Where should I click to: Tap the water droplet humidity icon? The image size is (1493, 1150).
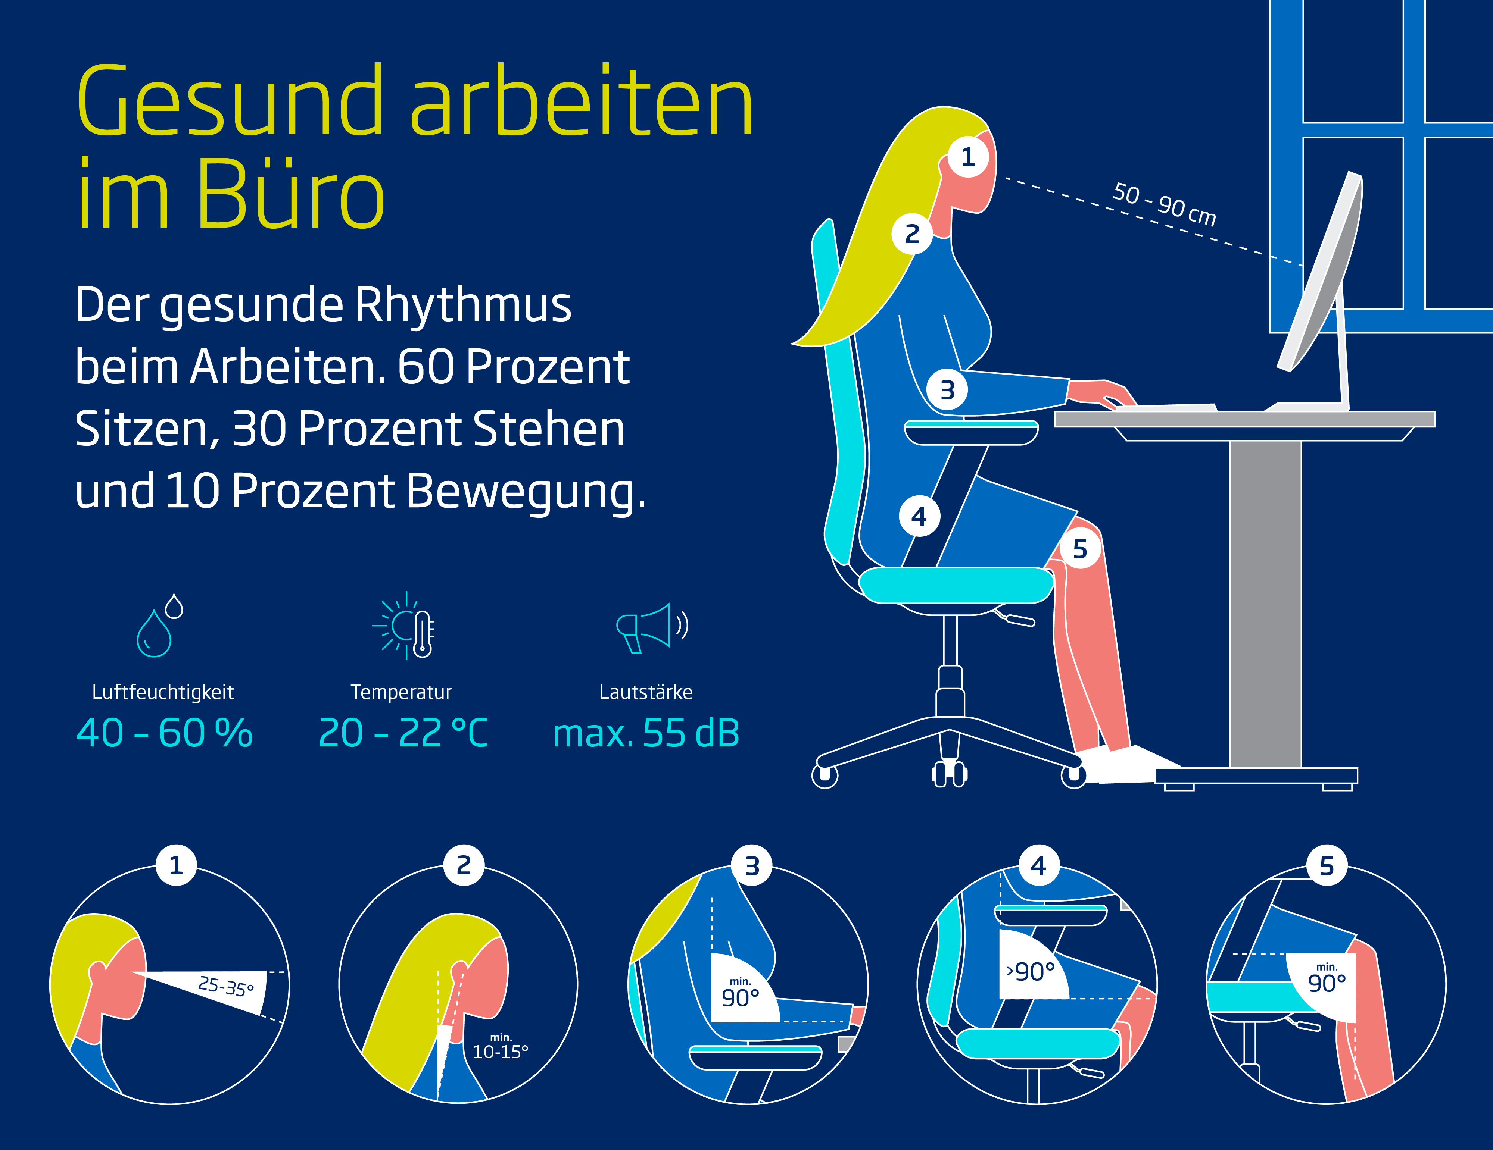[x=160, y=625]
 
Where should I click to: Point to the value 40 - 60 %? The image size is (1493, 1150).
[x=165, y=733]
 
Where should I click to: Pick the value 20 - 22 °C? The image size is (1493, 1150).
[x=403, y=733]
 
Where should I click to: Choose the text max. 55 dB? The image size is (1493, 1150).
[x=646, y=733]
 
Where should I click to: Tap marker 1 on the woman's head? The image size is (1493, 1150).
[x=968, y=157]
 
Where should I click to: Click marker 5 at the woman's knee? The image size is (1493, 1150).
[x=1080, y=549]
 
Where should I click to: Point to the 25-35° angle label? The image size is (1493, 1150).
[x=225, y=986]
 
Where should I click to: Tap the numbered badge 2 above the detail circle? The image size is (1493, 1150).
[x=464, y=866]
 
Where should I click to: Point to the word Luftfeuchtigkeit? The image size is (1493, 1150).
[x=163, y=692]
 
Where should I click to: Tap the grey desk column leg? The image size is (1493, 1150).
[x=1265, y=604]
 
